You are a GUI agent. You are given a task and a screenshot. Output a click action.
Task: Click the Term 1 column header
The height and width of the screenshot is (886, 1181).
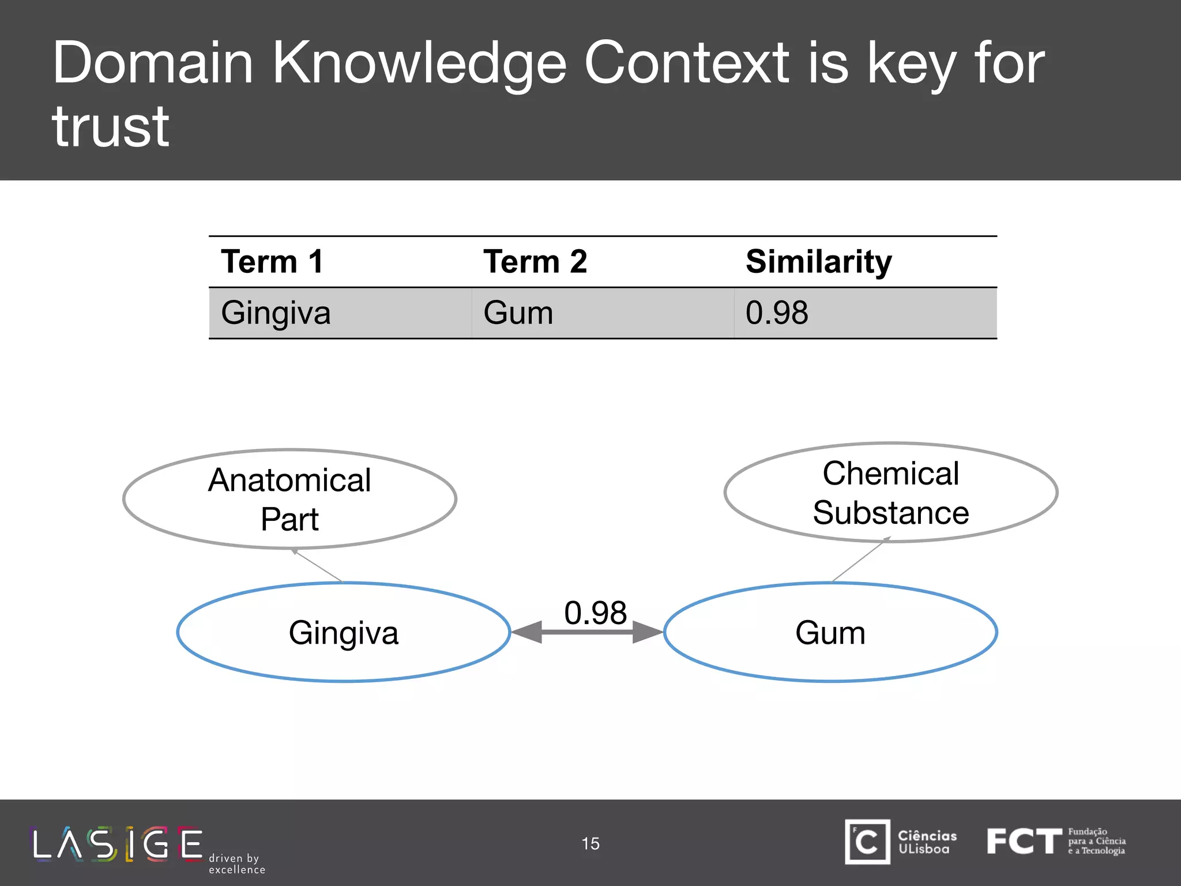click(272, 262)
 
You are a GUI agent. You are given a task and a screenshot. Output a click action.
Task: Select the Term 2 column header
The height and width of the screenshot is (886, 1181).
click(535, 262)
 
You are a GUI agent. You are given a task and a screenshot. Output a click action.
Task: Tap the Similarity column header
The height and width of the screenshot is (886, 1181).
click(818, 262)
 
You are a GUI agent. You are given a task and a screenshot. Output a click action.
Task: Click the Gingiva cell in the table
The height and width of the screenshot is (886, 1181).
click(276, 313)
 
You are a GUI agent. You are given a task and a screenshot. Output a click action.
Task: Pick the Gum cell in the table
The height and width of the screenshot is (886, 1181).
click(518, 313)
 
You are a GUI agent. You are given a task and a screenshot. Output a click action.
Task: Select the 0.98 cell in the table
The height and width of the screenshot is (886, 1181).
click(777, 313)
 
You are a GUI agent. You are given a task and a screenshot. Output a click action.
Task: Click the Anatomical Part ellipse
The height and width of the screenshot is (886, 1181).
click(289, 499)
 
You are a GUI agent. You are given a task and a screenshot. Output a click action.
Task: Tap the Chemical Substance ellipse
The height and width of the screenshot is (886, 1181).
click(890, 493)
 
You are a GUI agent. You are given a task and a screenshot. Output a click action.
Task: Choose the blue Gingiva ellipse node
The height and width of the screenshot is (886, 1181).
click(344, 633)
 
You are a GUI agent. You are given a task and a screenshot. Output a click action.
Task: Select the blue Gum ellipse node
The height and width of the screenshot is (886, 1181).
click(830, 633)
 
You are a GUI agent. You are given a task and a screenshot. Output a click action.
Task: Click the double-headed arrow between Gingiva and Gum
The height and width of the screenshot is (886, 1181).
click(587, 632)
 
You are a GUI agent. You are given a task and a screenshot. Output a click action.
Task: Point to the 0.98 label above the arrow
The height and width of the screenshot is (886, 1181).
click(595, 612)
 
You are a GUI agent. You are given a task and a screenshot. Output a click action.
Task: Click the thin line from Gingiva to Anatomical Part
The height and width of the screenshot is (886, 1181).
click(318, 566)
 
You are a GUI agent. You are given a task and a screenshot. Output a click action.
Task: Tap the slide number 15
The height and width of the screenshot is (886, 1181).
click(590, 844)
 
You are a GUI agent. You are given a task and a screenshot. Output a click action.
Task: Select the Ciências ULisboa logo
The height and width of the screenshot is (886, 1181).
click(900, 842)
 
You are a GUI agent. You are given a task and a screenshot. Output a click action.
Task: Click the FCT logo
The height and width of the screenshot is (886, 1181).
click(1055, 842)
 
